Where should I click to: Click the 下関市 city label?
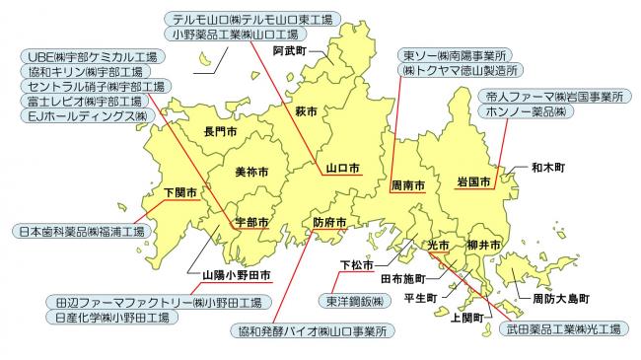180,191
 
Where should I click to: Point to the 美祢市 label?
251,172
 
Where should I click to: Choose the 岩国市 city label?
473,182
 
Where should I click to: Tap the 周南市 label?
407,184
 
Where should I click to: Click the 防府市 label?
329,223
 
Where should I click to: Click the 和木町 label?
547,169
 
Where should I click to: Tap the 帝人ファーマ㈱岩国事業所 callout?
554,98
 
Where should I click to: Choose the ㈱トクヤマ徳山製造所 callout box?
460,72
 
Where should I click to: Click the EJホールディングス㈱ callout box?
89,116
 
